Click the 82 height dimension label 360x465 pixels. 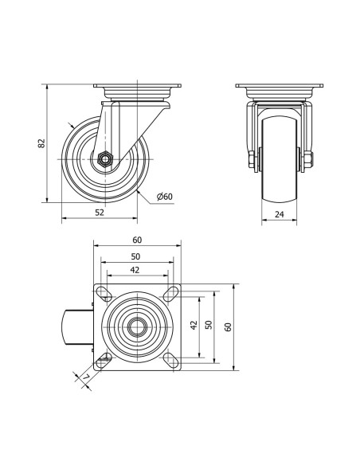pos(42,143)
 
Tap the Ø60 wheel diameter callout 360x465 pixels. pos(165,197)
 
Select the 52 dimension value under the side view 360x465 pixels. pos(100,213)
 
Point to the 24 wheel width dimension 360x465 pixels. pos(279,214)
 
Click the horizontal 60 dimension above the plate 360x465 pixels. pos(137,240)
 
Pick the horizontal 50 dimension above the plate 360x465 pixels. pos(135,256)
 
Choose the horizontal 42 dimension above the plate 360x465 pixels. pos(135,270)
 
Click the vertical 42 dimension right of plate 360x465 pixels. pos(194,325)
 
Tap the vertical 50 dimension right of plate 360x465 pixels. pos(209,325)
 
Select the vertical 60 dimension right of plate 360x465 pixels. pos(228,326)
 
